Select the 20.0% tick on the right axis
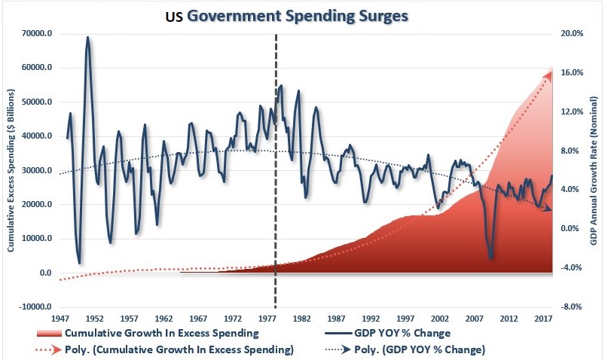573,33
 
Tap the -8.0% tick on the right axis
573,307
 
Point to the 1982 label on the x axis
302,319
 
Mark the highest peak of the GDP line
87,37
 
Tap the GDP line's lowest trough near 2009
491,258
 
